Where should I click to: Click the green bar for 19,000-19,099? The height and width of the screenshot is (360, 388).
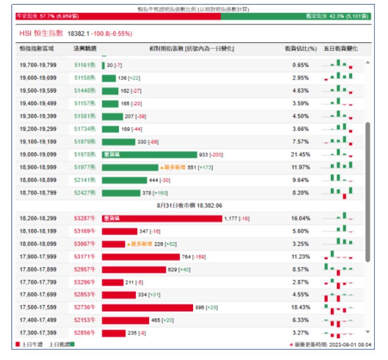tap(149, 155)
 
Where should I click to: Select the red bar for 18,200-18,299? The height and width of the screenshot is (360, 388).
tap(162, 218)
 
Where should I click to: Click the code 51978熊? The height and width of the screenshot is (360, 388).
tap(85, 155)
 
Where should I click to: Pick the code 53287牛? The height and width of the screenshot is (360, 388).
tap(85, 218)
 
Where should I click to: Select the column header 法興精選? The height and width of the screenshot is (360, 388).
tap(85, 49)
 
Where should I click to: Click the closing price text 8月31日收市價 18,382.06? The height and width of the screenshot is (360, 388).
tap(188, 205)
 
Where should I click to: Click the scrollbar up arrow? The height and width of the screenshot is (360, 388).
tap(367, 62)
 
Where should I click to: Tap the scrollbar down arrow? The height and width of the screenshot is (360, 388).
tap(367, 332)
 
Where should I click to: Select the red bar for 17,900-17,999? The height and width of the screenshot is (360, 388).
tap(141, 257)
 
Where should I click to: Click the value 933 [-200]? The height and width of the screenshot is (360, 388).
tap(211, 155)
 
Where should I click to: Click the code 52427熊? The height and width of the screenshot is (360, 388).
tap(85, 193)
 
